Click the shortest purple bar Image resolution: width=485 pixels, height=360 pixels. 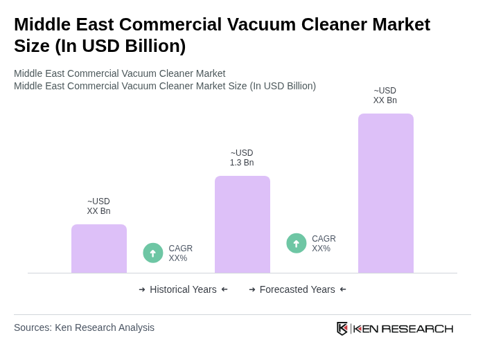tap(99, 249)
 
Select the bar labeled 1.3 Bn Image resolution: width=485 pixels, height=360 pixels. tap(242, 224)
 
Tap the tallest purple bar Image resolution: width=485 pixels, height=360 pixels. tap(386, 193)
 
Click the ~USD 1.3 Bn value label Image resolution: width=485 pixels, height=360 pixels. tap(242, 158)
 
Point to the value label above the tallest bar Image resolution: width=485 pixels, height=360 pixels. tap(385, 96)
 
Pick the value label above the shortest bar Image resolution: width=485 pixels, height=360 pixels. tap(98, 206)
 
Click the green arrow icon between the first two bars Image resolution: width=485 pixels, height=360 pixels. tap(153, 253)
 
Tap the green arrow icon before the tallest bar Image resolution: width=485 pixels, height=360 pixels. tap(297, 243)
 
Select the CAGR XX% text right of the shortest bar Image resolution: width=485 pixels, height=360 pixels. tap(180, 253)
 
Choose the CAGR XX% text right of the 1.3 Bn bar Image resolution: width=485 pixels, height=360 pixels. tap(324, 244)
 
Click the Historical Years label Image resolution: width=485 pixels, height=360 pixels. tap(183, 289)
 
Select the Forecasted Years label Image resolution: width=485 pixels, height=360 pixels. tap(297, 289)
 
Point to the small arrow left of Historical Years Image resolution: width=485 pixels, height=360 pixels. tap(142, 289)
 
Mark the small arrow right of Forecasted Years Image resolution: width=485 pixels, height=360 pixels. tap(343, 289)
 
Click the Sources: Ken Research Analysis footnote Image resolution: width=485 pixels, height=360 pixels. tap(84, 327)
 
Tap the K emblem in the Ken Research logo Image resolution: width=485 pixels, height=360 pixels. tap(342, 328)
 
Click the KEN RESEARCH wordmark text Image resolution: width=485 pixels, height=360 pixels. tap(403, 329)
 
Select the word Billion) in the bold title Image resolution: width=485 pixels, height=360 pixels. tap(152, 46)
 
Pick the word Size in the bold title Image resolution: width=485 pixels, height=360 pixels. tap(31, 46)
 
